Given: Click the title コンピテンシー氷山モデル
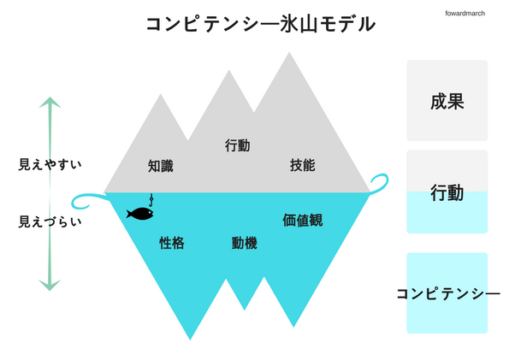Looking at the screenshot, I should pyautogui.click(x=260, y=24).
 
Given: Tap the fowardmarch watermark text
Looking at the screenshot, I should pyautogui.click(x=465, y=13).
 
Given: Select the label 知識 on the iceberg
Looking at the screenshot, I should pyautogui.click(x=160, y=166).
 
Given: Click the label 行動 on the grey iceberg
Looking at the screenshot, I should pyautogui.click(x=237, y=145).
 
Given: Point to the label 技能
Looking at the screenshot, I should pyautogui.click(x=302, y=165).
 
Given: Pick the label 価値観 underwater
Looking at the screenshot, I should pyautogui.click(x=302, y=220).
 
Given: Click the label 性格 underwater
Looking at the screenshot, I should pyautogui.click(x=172, y=243).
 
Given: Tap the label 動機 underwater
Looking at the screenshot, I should pyautogui.click(x=244, y=243).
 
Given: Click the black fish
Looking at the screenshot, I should pyautogui.click(x=139, y=213).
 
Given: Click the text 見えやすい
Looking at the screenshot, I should pyautogui.click(x=50, y=164).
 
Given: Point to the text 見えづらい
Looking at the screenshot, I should pyautogui.click(x=50, y=221).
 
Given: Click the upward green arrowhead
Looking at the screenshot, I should pyautogui.click(x=50, y=103).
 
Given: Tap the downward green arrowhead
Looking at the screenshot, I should pyautogui.click(x=50, y=285).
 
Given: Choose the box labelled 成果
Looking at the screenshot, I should pyautogui.click(x=447, y=101).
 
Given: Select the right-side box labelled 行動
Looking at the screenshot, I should pyautogui.click(x=447, y=192).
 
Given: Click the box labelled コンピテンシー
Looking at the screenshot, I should pyautogui.click(x=447, y=293).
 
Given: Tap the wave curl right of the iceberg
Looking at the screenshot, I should pyautogui.click(x=379, y=182).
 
